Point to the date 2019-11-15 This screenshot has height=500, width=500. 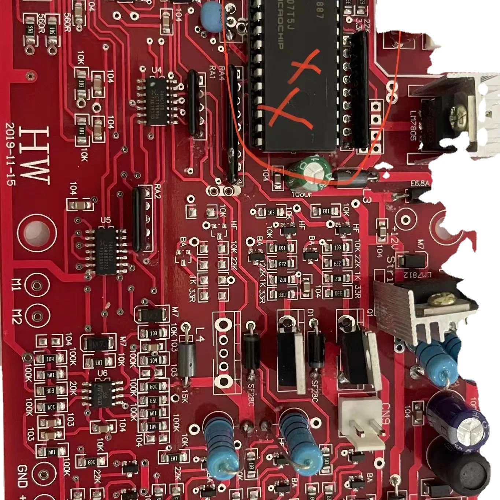pyautogui.click(x=10, y=154)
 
